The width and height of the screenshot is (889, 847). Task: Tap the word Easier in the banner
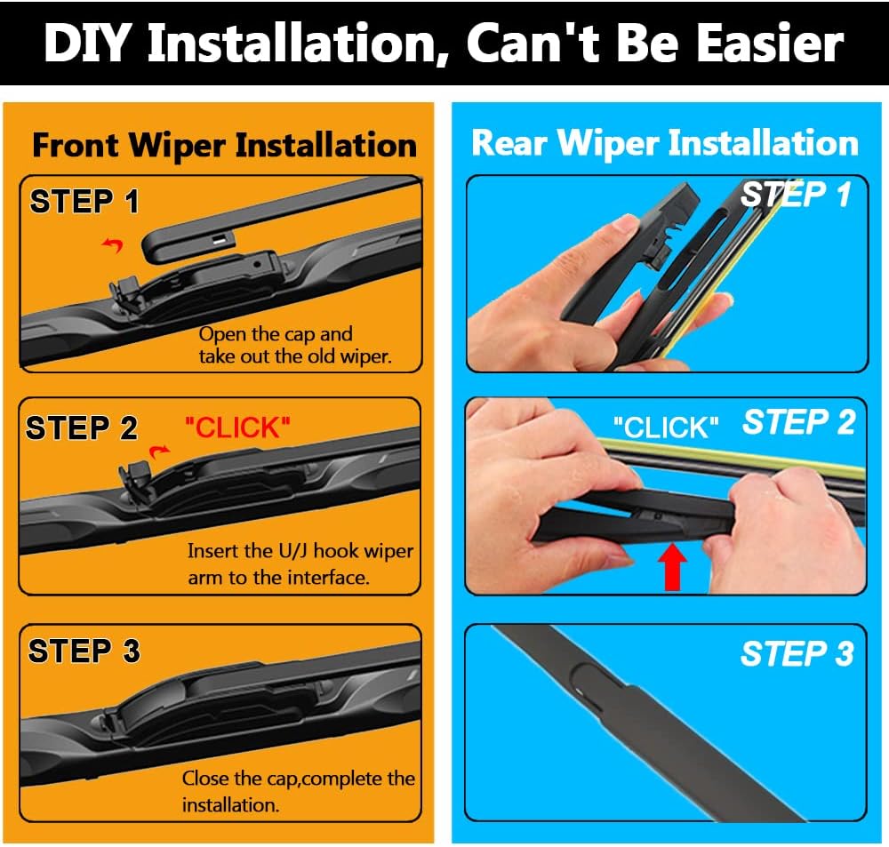click(x=771, y=43)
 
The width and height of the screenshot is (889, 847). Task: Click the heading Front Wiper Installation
click(x=225, y=146)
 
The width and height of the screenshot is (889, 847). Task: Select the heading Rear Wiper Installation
click(x=665, y=143)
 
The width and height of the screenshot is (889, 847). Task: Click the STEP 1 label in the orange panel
click(x=84, y=201)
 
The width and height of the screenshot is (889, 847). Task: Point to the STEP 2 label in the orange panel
click(x=82, y=427)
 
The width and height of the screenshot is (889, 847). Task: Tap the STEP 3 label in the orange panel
click(x=84, y=651)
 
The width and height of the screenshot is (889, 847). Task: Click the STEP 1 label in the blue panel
click(x=796, y=195)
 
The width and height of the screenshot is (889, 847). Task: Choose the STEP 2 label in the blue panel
click(x=799, y=422)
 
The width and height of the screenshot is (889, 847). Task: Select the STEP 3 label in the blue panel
click(x=797, y=653)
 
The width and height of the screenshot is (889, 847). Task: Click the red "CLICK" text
click(x=237, y=427)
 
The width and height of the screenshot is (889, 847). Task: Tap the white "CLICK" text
click(x=666, y=427)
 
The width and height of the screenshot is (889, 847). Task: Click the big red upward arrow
click(x=672, y=566)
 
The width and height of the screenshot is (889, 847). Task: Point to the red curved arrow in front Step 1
click(x=113, y=244)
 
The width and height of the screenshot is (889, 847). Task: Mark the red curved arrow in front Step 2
click(x=159, y=451)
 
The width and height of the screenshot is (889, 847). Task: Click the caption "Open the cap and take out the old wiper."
click(x=295, y=345)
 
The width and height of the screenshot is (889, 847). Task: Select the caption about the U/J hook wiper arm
click(x=300, y=564)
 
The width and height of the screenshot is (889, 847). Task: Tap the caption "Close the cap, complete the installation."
click(x=298, y=791)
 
